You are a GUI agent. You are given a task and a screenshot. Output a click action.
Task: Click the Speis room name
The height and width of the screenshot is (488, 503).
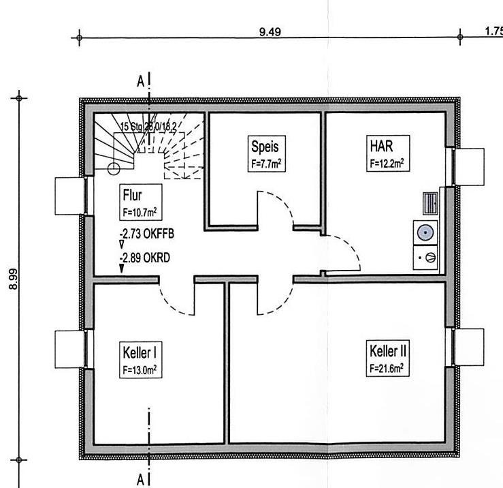click(x=265, y=147)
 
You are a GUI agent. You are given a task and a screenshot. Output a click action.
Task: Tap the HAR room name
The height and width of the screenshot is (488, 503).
click(x=381, y=146)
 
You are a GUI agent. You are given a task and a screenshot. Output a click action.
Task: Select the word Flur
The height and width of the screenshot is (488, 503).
click(x=132, y=196)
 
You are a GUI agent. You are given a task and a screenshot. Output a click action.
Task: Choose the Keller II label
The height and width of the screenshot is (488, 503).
click(x=388, y=352)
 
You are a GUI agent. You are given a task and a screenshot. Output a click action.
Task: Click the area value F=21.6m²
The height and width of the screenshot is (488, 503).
click(x=387, y=367)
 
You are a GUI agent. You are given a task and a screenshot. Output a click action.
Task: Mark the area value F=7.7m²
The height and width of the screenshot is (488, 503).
click(x=266, y=164)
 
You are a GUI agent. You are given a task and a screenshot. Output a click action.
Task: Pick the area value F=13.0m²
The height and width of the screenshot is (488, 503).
click(x=141, y=370)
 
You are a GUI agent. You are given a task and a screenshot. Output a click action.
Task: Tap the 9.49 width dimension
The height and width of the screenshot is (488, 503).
click(x=270, y=31)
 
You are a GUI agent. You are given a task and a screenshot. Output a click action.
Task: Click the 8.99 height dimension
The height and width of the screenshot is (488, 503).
click(x=14, y=278)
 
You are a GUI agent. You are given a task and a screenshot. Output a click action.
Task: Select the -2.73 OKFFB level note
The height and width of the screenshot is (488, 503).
click(x=146, y=234)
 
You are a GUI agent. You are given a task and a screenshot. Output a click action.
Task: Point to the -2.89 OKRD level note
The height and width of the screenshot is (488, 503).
click(x=145, y=259)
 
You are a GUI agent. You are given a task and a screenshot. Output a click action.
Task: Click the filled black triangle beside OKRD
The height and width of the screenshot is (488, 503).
click(x=122, y=269)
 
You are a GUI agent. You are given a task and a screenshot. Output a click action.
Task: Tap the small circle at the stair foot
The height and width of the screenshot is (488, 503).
click(x=114, y=168)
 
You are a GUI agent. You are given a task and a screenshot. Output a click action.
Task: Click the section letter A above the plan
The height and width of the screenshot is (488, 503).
click(x=140, y=81)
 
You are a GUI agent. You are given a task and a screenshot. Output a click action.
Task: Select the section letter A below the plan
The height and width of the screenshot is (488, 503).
click(x=140, y=480)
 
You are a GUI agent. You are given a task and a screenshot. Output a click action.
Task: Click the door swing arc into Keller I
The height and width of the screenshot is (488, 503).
click(x=175, y=303)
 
